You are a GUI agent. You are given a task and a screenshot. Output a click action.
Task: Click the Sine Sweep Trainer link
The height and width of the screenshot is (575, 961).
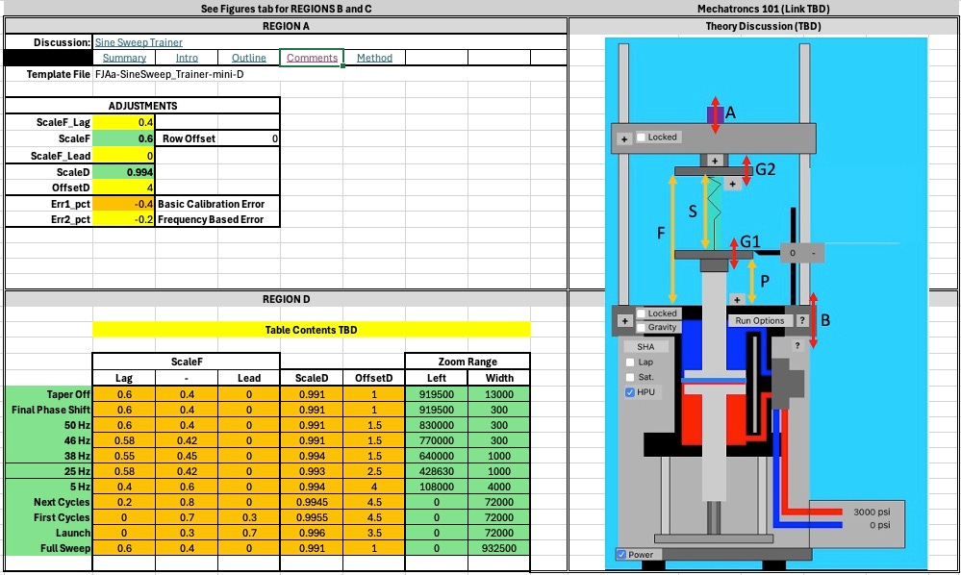139,42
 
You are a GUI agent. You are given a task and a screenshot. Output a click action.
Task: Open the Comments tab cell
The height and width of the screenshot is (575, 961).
312,58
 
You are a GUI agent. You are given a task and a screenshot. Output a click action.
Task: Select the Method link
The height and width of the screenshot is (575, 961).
374,58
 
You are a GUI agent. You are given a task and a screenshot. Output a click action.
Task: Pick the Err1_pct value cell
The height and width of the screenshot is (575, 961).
124,204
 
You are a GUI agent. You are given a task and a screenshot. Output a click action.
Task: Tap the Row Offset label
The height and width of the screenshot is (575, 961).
189,138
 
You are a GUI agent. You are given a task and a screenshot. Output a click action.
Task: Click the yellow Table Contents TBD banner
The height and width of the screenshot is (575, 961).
312,330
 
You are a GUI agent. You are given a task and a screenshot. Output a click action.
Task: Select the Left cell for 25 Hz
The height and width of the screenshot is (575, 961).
437,471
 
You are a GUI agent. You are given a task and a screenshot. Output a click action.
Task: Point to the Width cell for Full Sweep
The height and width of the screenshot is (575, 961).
499,548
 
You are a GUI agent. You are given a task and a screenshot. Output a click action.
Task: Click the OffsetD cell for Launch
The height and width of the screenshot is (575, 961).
374,533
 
